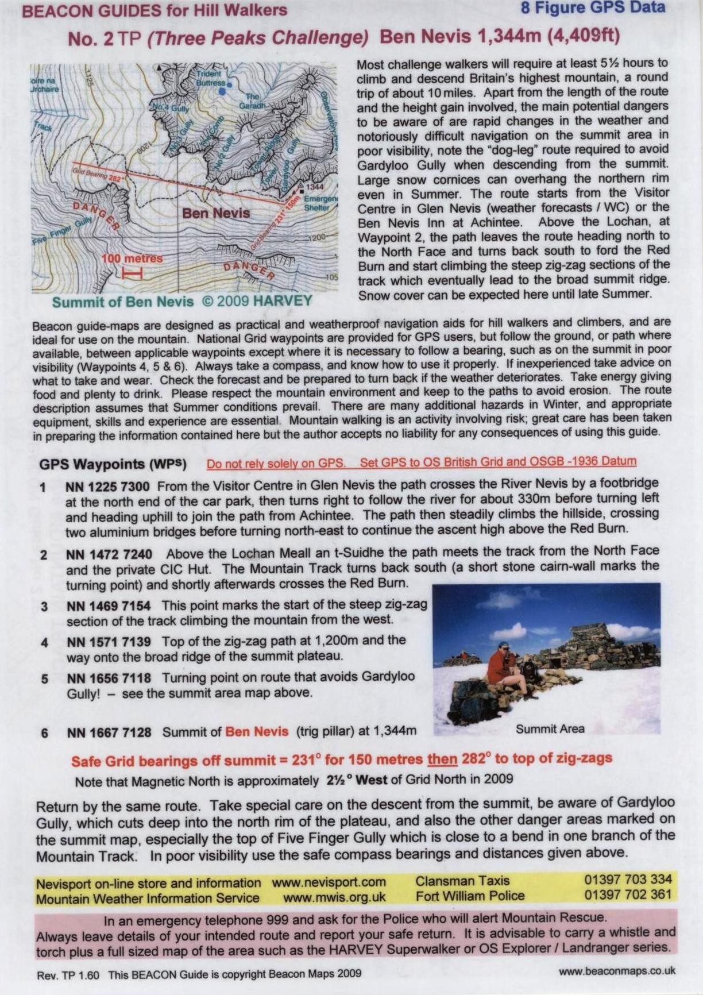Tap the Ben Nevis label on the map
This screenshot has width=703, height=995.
[x=216, y=213]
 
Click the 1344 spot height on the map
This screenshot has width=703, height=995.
[x=315, y=187]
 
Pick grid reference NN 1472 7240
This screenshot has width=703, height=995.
[x=109, y=554]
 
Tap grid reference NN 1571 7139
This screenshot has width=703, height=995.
[x=109, y=641]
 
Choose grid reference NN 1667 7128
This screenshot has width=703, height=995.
[x=109, y=732]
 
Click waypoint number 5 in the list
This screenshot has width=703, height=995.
[x=44, y=678]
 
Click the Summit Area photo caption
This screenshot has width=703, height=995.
[x=550, y=729]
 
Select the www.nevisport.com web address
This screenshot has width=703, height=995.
[x=329, y=882]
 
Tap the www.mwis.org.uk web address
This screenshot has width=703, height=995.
[x=334, y=897]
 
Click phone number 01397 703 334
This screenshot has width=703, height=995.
[x=627, y=880]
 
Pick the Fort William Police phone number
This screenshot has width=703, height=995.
[x=627, y=894]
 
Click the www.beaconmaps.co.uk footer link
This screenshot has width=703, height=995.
[x=617, y=971]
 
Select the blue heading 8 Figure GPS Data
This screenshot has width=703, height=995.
[x=593, y=8]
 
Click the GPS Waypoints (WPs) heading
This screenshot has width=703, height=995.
[x=113, y=464]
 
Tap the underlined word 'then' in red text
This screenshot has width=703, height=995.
[x=442, y=759]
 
